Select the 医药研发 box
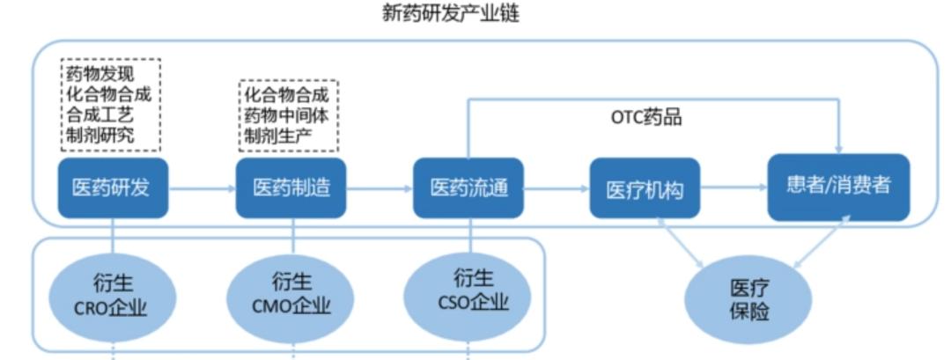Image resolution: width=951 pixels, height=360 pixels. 113,187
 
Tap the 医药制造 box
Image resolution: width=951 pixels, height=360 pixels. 291,187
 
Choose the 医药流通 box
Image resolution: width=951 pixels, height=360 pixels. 468,187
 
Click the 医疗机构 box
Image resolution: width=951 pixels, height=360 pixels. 645,188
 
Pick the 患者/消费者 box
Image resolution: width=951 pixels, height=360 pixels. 837,187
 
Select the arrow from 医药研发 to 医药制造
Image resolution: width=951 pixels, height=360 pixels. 202,187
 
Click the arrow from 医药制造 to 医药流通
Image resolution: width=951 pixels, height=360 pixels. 380,187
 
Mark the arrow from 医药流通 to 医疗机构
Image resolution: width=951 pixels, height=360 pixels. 557,187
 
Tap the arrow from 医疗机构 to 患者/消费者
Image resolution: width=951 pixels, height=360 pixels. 734,187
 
